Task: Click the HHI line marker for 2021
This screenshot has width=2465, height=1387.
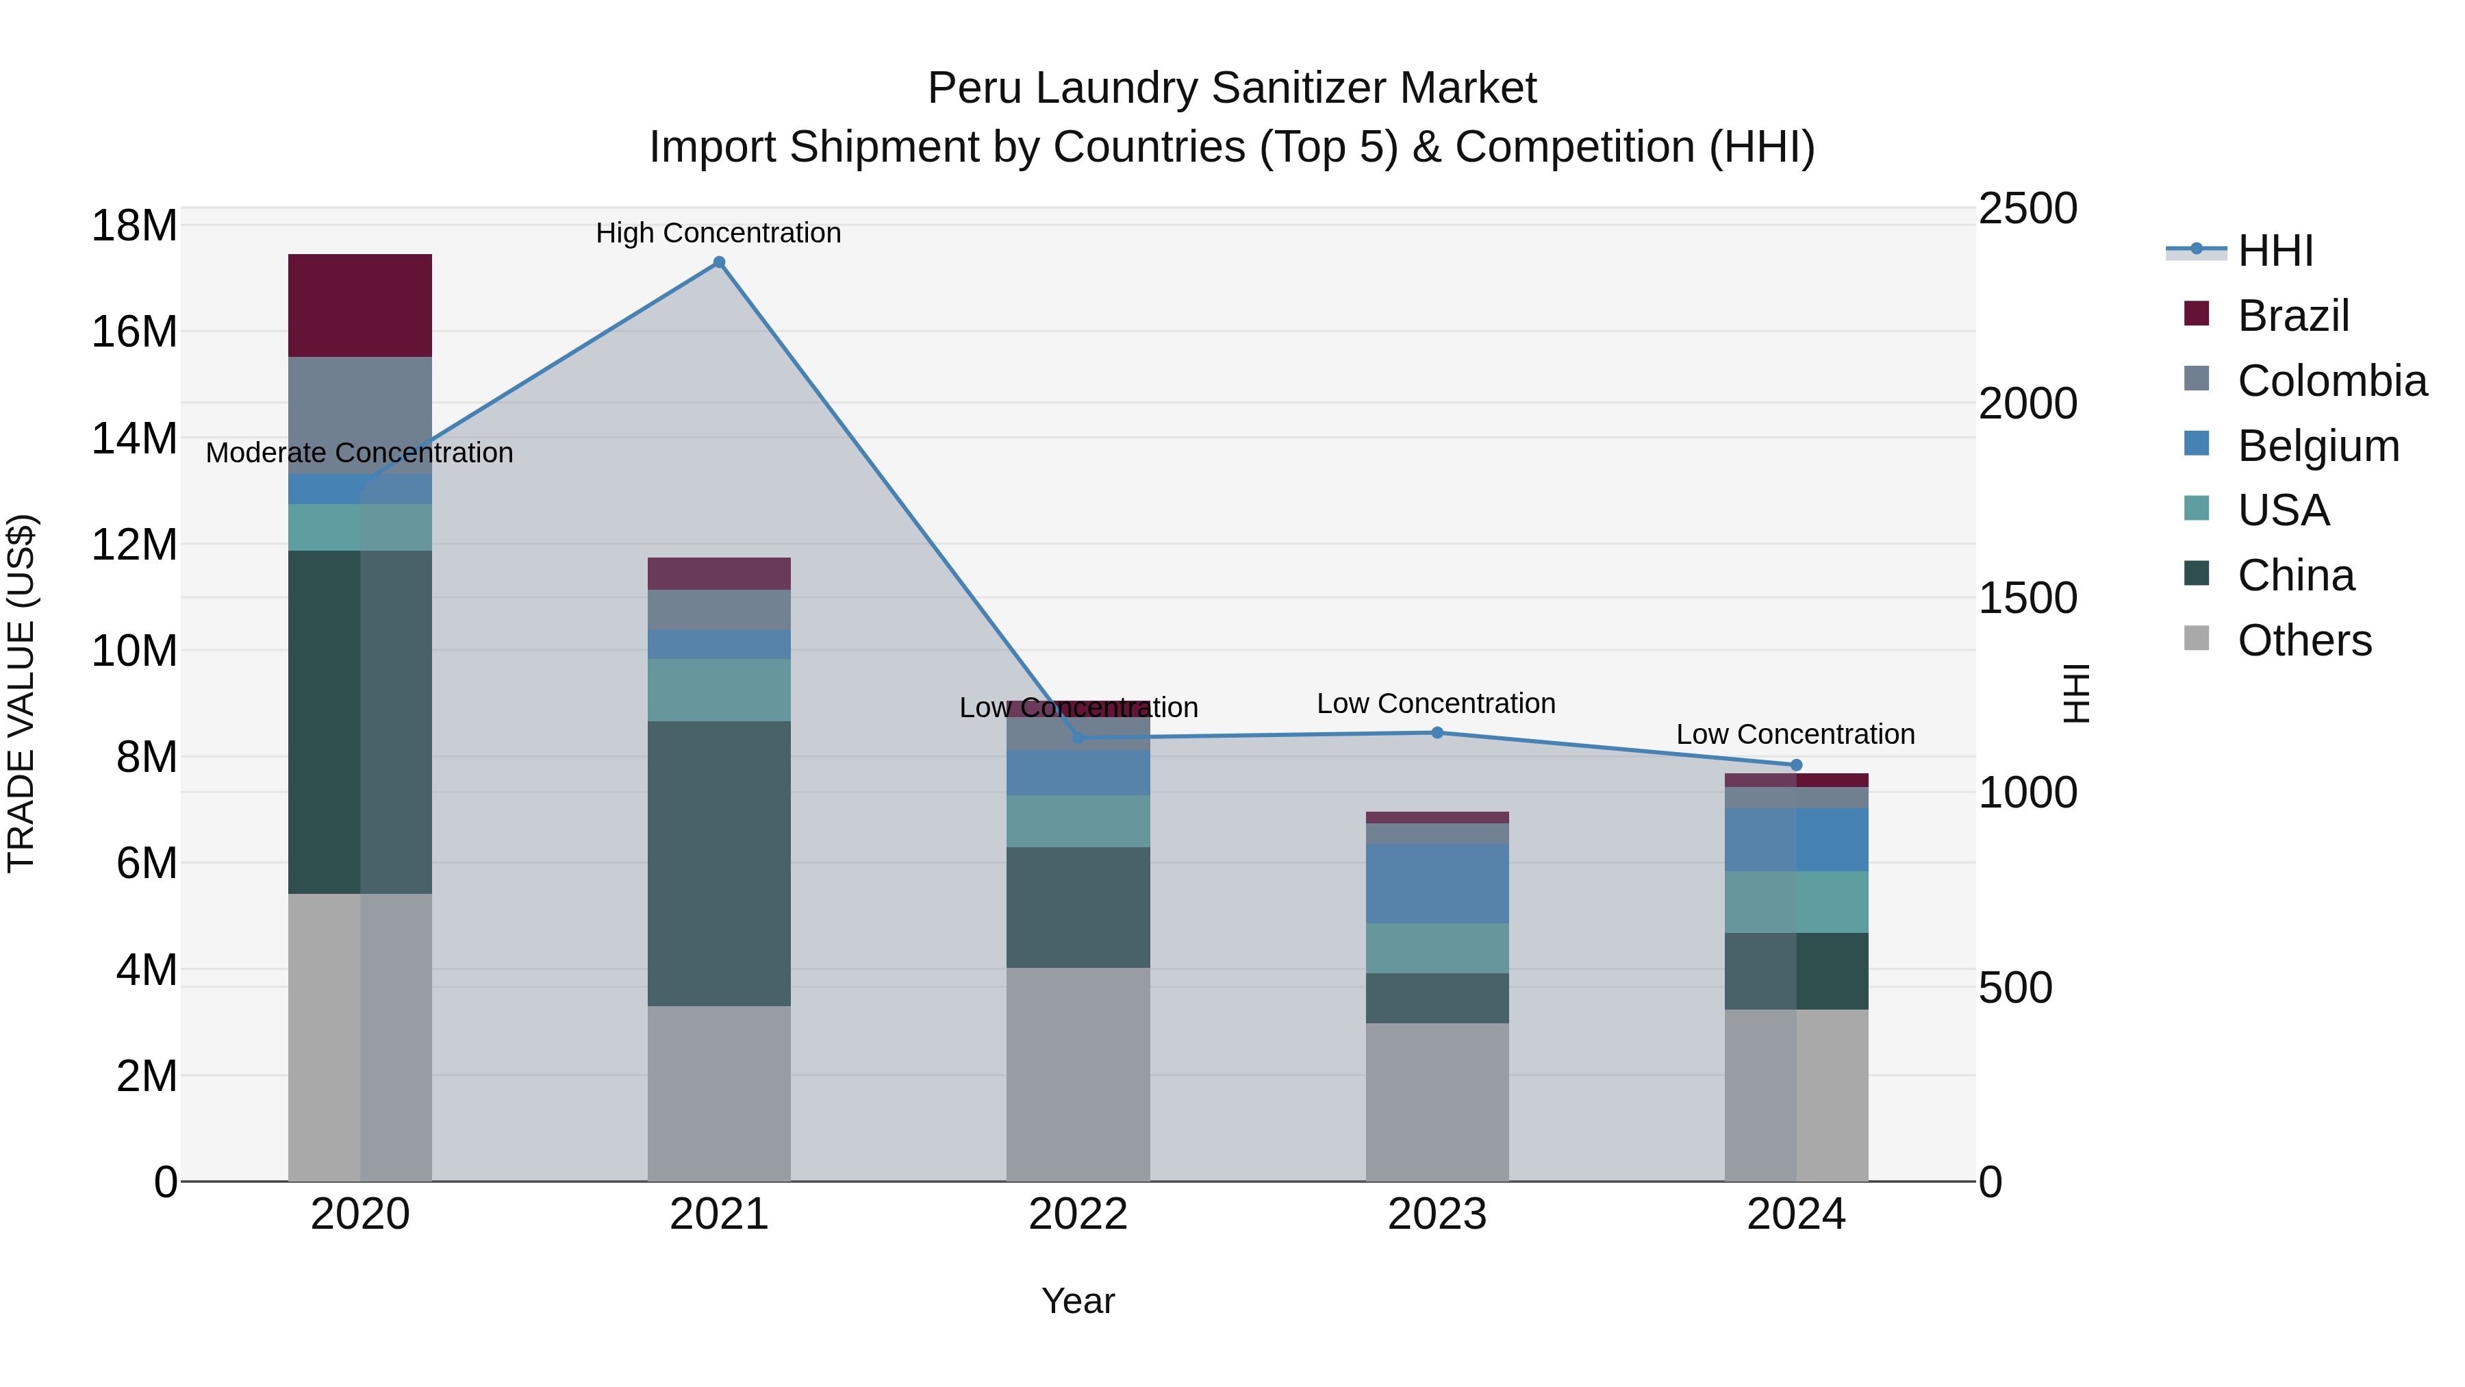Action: pyautogui.click(x=720, y=262)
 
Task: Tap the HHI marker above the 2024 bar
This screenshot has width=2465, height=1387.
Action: pyautogui.click(x=1796, y=765)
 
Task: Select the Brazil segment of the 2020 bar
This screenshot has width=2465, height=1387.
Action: pyautogui.click(x=359, y=305)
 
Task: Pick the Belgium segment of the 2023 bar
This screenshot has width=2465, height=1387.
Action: pyautogui.click(x=1437, y=883)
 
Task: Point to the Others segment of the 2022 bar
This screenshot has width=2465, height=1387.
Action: pyautogui.click(x=1078, y=1074)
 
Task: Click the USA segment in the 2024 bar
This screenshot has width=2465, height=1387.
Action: pyautogui.click(x=1796, y=901)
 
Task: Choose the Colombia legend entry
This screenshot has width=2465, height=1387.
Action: pyautogui.click(x=2331, y=381)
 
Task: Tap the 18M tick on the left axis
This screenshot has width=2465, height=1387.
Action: pyautogui.click(x=134, y=226)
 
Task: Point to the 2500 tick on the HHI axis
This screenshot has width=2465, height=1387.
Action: pyautogui.click(x=2027, y=209)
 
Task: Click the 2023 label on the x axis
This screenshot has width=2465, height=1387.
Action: pyautogui.click(x=1437, y=1214)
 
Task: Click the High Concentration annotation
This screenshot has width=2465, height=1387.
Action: pyautogui.click(x=719, y=233)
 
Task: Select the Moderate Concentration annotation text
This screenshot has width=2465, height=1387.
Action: pyautogui.click(x=359, y=453)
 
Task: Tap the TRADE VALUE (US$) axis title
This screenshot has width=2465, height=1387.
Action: pyautogui.click(x=21, y=693)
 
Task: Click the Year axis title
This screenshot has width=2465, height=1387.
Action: pyautogui.click(x=1078, y=1301)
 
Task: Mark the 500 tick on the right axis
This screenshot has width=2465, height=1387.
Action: pyautogui.click(x=2014, y=988)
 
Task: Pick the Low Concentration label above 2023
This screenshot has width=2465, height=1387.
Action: pyautogui.click(x=1437, y=703)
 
